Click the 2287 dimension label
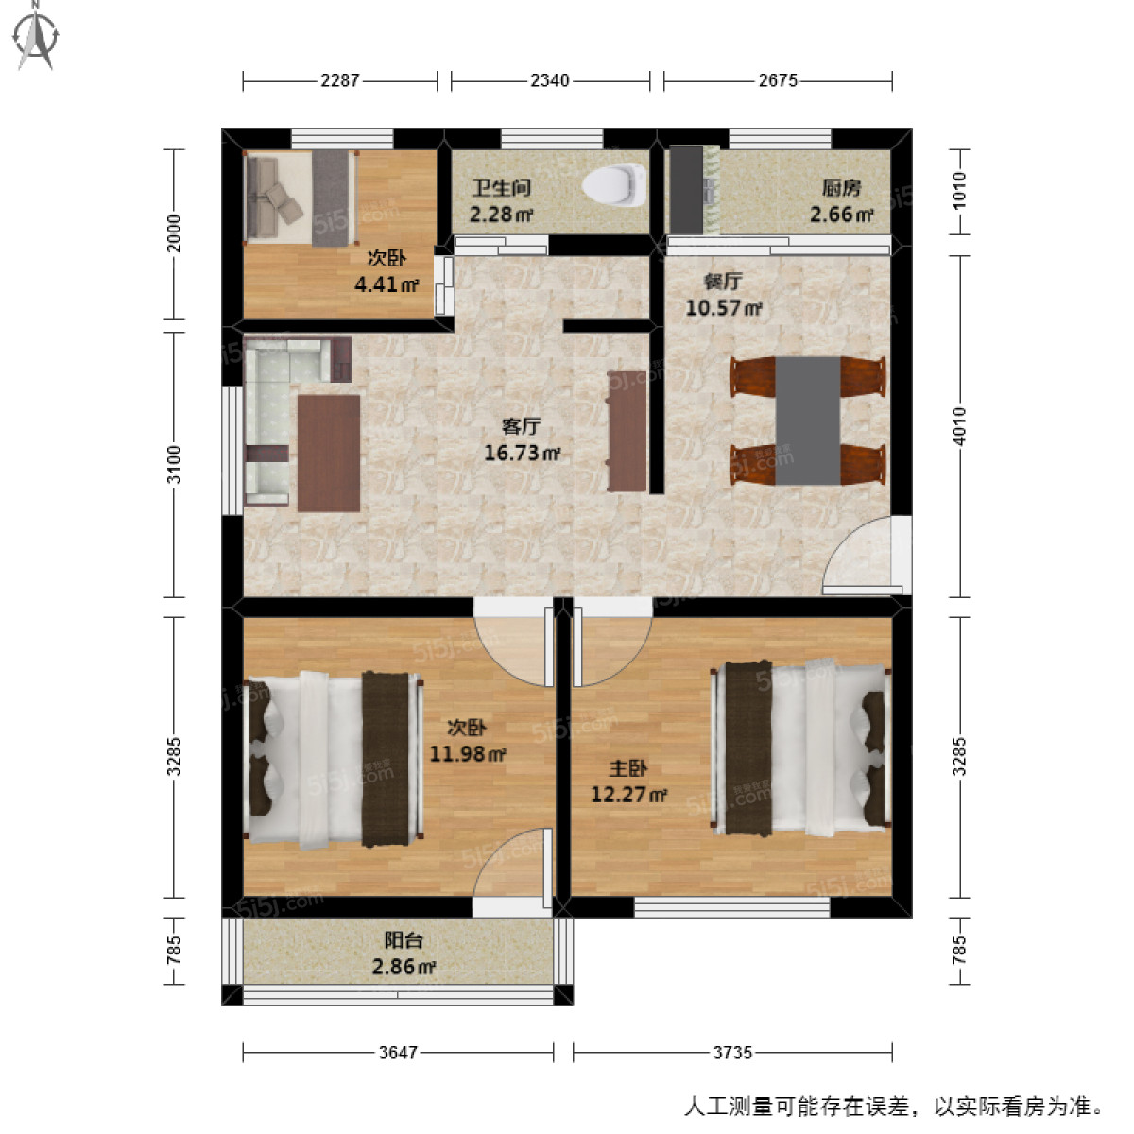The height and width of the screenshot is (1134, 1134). pyautogui.click(x=339, y=80)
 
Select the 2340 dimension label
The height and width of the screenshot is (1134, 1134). pyautogui.click(x=550, y=80)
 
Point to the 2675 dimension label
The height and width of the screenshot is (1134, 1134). pyautogui.click(x=778, y=80)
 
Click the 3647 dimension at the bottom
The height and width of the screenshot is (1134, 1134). pyautogui.click(x=398, y=1052)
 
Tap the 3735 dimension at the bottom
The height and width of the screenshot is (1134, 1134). pyautogui.click(x=732, y=1052)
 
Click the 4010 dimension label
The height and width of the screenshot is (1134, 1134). pyautogui.click(x=959, y=426)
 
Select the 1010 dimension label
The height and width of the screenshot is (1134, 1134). pyautogui.click(x=959, y=192)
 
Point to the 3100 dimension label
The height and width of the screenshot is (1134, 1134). pyautogui.click(x=173, y=464)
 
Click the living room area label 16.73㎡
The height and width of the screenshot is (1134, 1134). pyautogui.click(x=522, y=453)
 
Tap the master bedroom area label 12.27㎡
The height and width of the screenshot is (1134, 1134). pyautogui.click(x=628, y=794)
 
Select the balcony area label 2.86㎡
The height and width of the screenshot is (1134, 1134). pyautogui.click(x=404, y=966)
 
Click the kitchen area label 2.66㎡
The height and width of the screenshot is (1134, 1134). pyautogui.click(x=841, y=215)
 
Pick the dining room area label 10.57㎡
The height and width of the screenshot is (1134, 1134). pyautogui.click(x=723, y=307)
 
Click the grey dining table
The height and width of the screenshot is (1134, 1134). pyautogui.click(x=808, y=421)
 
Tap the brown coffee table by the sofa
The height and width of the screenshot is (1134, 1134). pyautogui.click(x=328, y=453)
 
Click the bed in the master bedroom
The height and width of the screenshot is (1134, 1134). pyautogui.click(x=803, y=747)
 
